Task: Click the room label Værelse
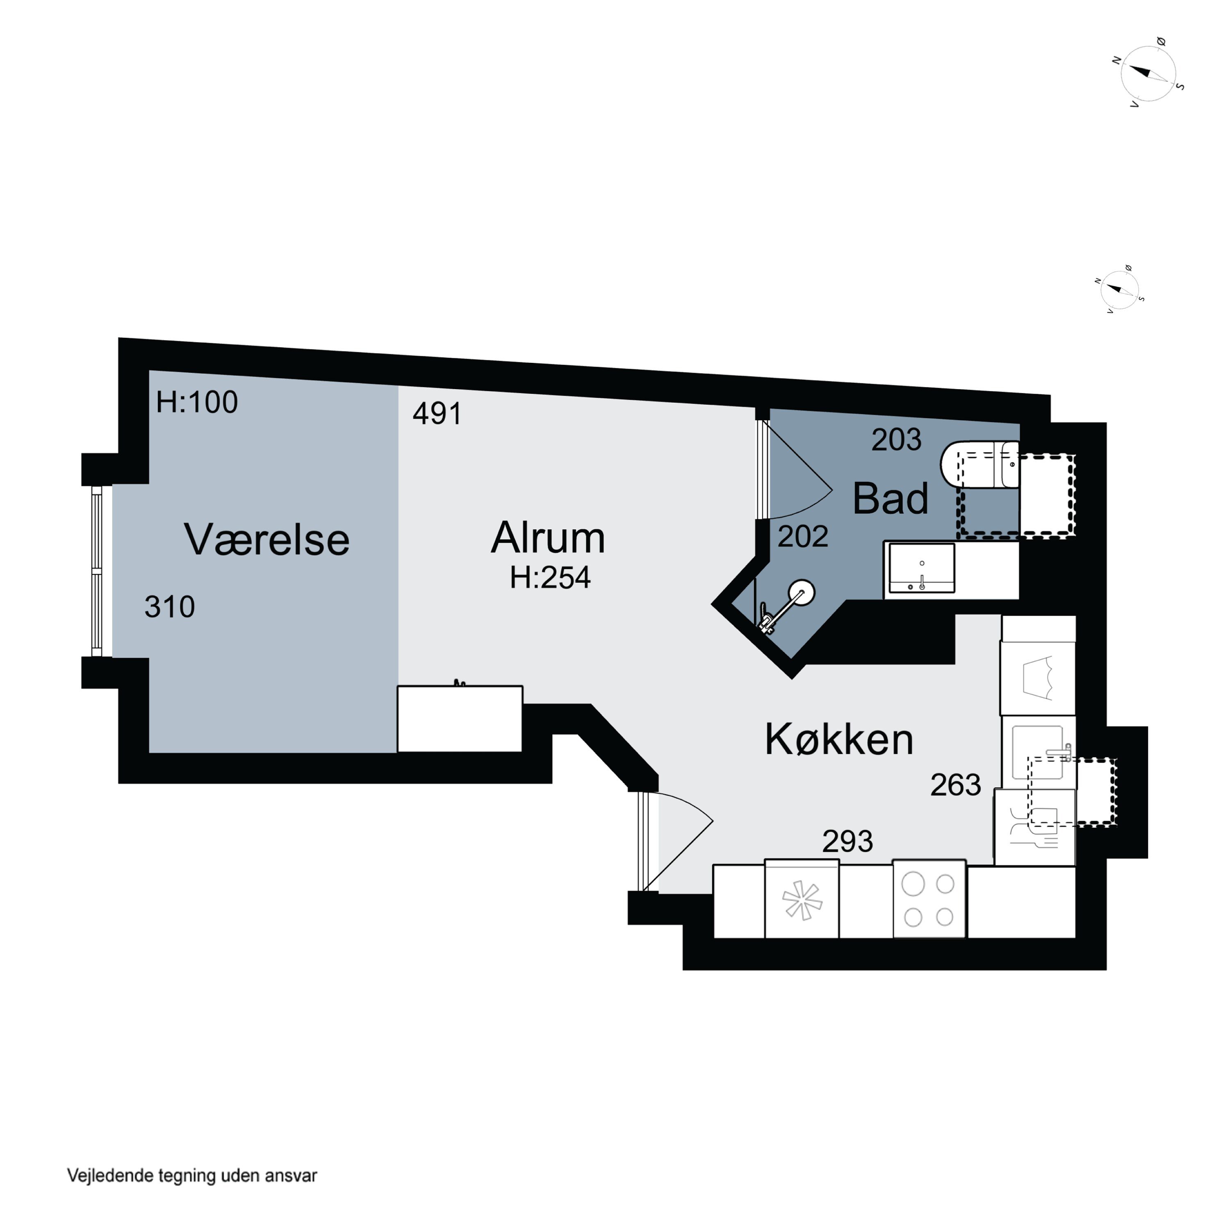(x=267, y=540)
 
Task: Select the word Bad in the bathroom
(x=890, y=499)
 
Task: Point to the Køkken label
(x=839, y=740)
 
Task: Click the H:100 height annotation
(x=197, y=402)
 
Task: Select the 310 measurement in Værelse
(x=169, y=607)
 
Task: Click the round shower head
(x=802, y=592)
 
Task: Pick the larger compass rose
(x=1148, y=75)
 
